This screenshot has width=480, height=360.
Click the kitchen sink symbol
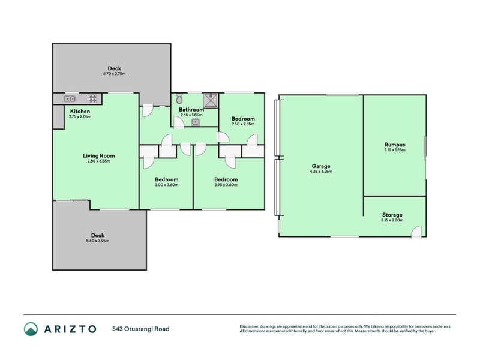70,99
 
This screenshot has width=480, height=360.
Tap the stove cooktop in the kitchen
93,99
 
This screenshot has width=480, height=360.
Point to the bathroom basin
196,122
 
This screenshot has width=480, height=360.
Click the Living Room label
98,155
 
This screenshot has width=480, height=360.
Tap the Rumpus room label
394,144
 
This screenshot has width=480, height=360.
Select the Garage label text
321,166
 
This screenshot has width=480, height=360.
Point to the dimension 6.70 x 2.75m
114,74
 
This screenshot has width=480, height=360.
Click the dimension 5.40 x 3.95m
98,241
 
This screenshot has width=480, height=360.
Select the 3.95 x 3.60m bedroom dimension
226,185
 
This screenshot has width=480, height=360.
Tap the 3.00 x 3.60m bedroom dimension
166,185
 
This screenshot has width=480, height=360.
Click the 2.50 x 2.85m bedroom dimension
243,124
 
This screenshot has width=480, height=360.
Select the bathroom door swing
179,122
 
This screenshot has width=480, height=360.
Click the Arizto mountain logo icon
31,329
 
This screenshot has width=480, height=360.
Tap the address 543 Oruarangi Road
141,329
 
